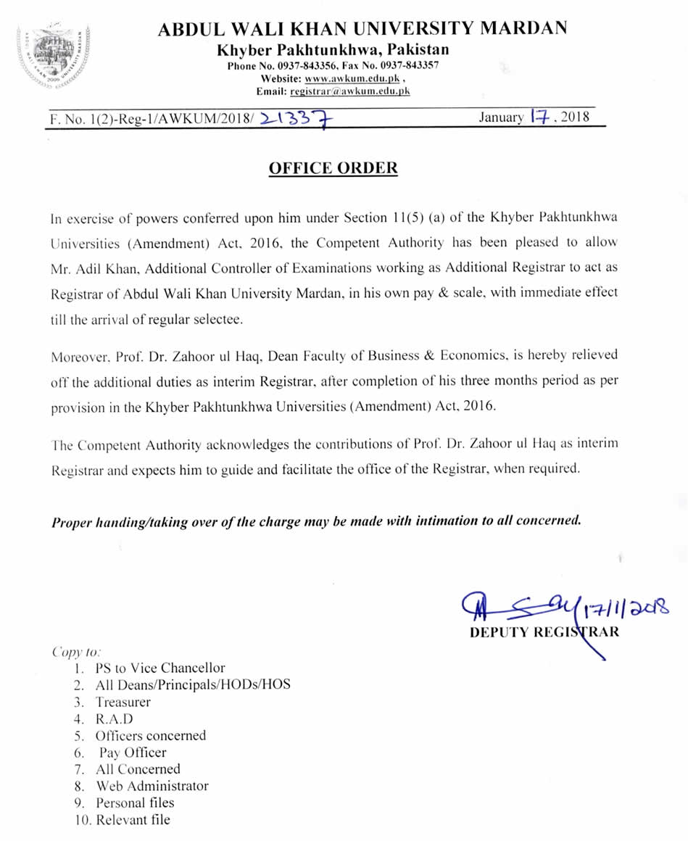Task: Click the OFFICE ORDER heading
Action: pos(333,168)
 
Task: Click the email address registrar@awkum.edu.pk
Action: pos(349,91)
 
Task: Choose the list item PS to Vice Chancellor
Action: pos(160,668)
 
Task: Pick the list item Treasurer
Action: pos(123,702)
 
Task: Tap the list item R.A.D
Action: pos(115,718)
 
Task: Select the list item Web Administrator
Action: pos(152,786)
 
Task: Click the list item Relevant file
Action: pos(133,820)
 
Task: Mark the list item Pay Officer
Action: pos(133,753)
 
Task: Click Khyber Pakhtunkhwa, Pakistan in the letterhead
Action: pos(333,50)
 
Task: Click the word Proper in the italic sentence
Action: pos(72,521)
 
